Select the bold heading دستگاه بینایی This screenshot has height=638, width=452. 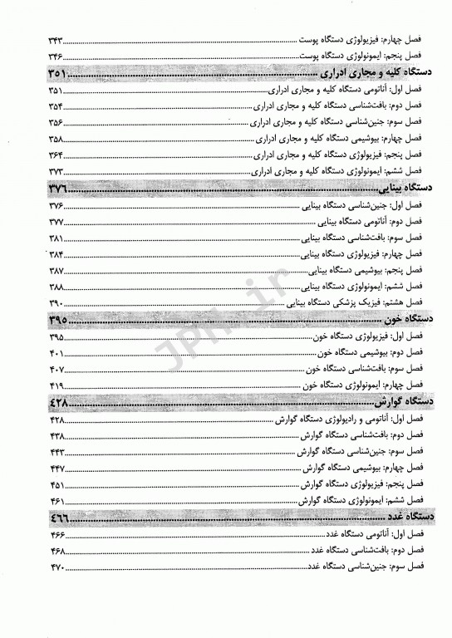(x=383, y=190)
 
